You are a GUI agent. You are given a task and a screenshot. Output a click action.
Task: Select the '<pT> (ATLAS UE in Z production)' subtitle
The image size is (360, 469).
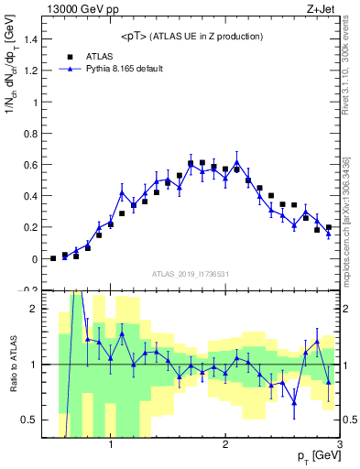191,36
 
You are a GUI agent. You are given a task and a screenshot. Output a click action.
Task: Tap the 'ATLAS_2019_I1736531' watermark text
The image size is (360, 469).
191,275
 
